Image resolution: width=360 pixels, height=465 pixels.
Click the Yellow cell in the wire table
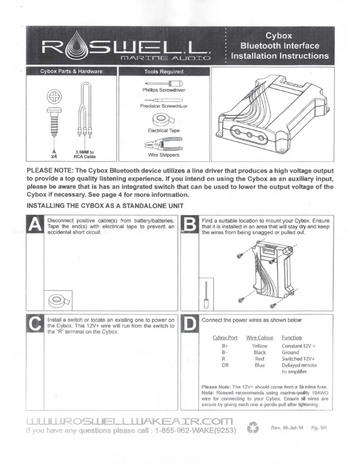point(259,346)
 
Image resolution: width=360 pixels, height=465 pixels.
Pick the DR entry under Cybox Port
point(226,365)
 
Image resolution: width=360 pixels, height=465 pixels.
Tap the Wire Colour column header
point(259,337)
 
